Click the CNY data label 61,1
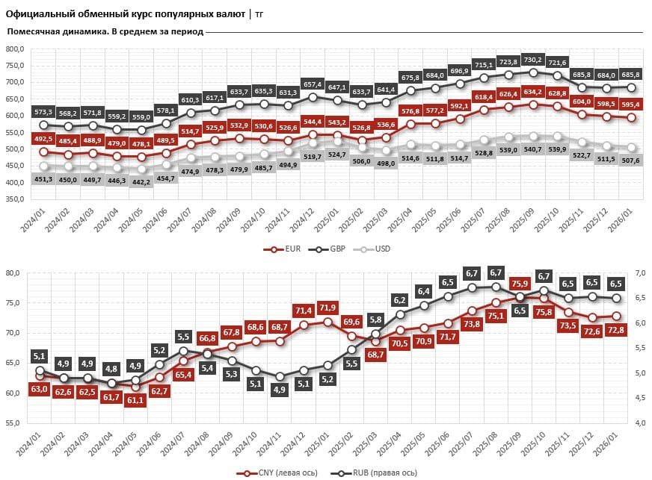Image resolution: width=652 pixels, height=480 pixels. [x=136, y=399]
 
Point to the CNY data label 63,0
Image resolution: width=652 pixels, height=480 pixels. [x=40, y=388]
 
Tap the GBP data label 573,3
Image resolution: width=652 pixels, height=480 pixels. [x=44, y=111]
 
